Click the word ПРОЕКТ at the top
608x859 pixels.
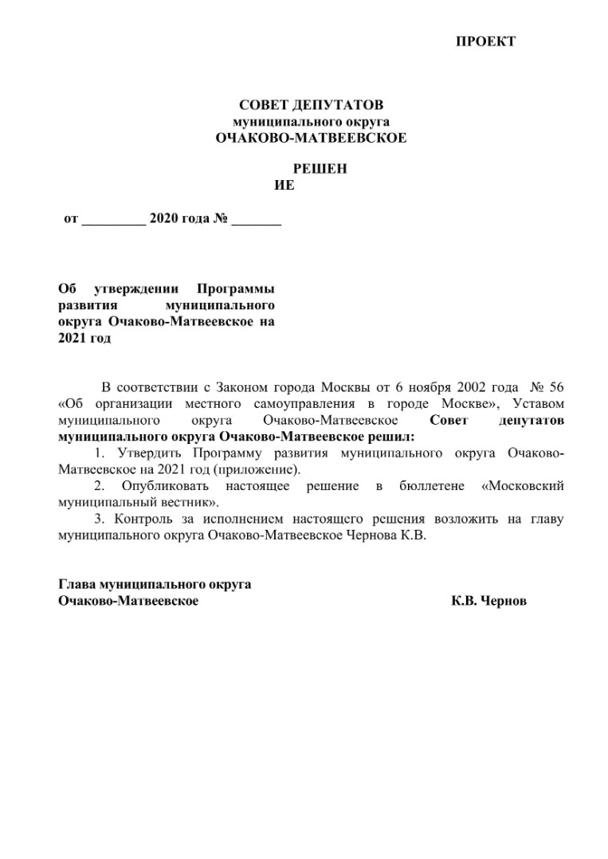[x=485, y=41]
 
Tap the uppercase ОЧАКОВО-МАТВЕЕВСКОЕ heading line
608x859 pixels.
[x=311, y=138]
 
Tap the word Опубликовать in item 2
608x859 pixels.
[x=166, y=486]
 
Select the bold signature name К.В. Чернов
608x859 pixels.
[x=488, y=601]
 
